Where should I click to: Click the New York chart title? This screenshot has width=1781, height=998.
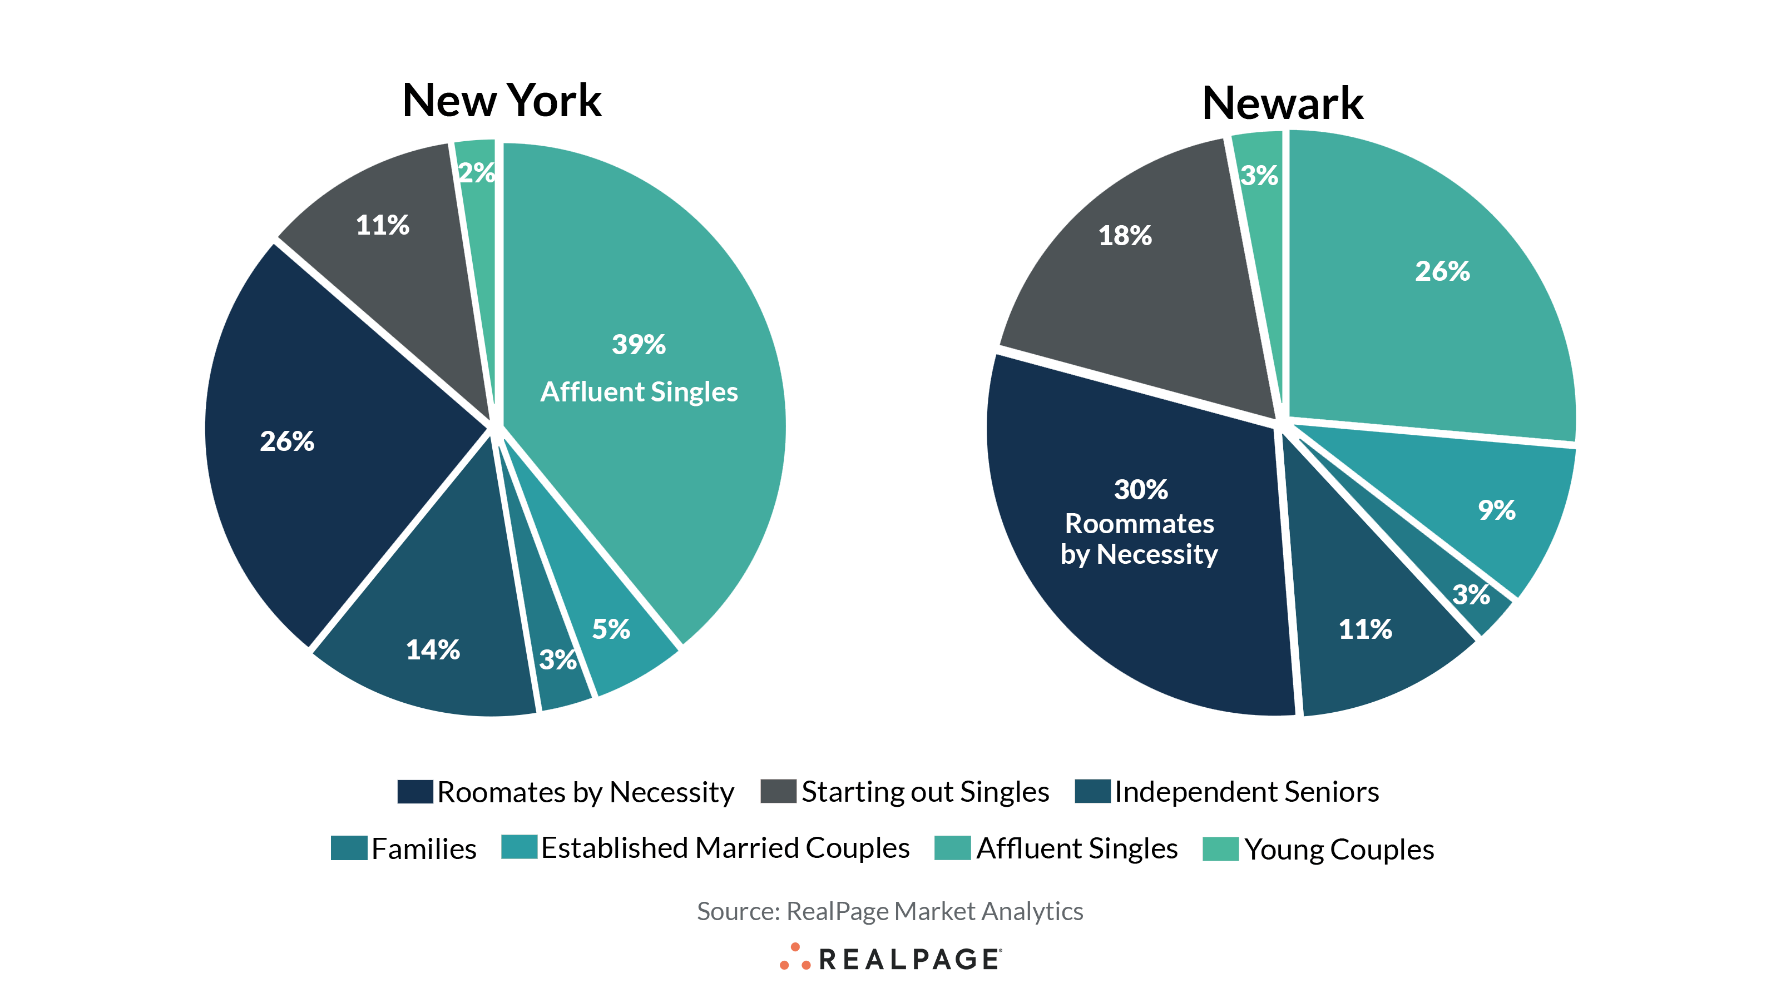click(x=501, y=101)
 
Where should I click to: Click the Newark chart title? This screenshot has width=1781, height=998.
click(x=1283, y=103)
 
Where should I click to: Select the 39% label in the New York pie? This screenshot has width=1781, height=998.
click(x=638, y=344)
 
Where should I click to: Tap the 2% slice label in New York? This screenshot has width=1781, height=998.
click(x=476, y=172)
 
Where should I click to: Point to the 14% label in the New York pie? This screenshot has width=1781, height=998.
click(x=433, y=649)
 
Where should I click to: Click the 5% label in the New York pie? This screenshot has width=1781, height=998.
click(x=611, y=629)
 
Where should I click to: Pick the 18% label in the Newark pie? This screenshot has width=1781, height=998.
click(x=1125, y=236)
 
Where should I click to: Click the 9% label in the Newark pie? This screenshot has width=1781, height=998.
click(x=1496, y=510)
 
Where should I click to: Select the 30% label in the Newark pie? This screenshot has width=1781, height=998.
click(x=1141, y=489)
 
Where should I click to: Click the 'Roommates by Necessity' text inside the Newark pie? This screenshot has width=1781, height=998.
click(x=1139, y=539)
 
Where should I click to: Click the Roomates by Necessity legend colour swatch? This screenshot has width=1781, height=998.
click(x=415, y=791)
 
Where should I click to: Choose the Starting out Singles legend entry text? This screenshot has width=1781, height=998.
click(x=925, y=791)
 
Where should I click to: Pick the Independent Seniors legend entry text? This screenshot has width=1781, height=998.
click(x=1246, y=791)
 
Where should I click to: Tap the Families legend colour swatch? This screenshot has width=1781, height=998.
click(x=348, y=848)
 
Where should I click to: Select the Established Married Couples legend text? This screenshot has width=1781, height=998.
click(x=725, y=848)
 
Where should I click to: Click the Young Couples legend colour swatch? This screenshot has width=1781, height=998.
click(x=1220, y=848)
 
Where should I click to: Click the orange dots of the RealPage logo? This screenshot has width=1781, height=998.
click(x=794, y=957)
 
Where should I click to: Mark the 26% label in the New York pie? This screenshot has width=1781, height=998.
click(x=287, y=441)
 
